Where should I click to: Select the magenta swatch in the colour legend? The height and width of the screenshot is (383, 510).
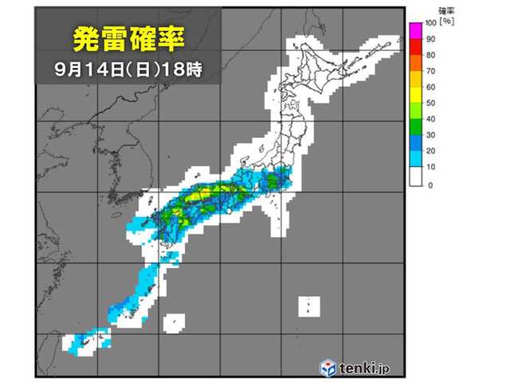(x=415, y=30)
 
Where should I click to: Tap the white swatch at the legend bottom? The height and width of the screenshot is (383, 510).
(x=415, y=177)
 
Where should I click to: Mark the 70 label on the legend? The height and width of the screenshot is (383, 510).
(x=431, y=71)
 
